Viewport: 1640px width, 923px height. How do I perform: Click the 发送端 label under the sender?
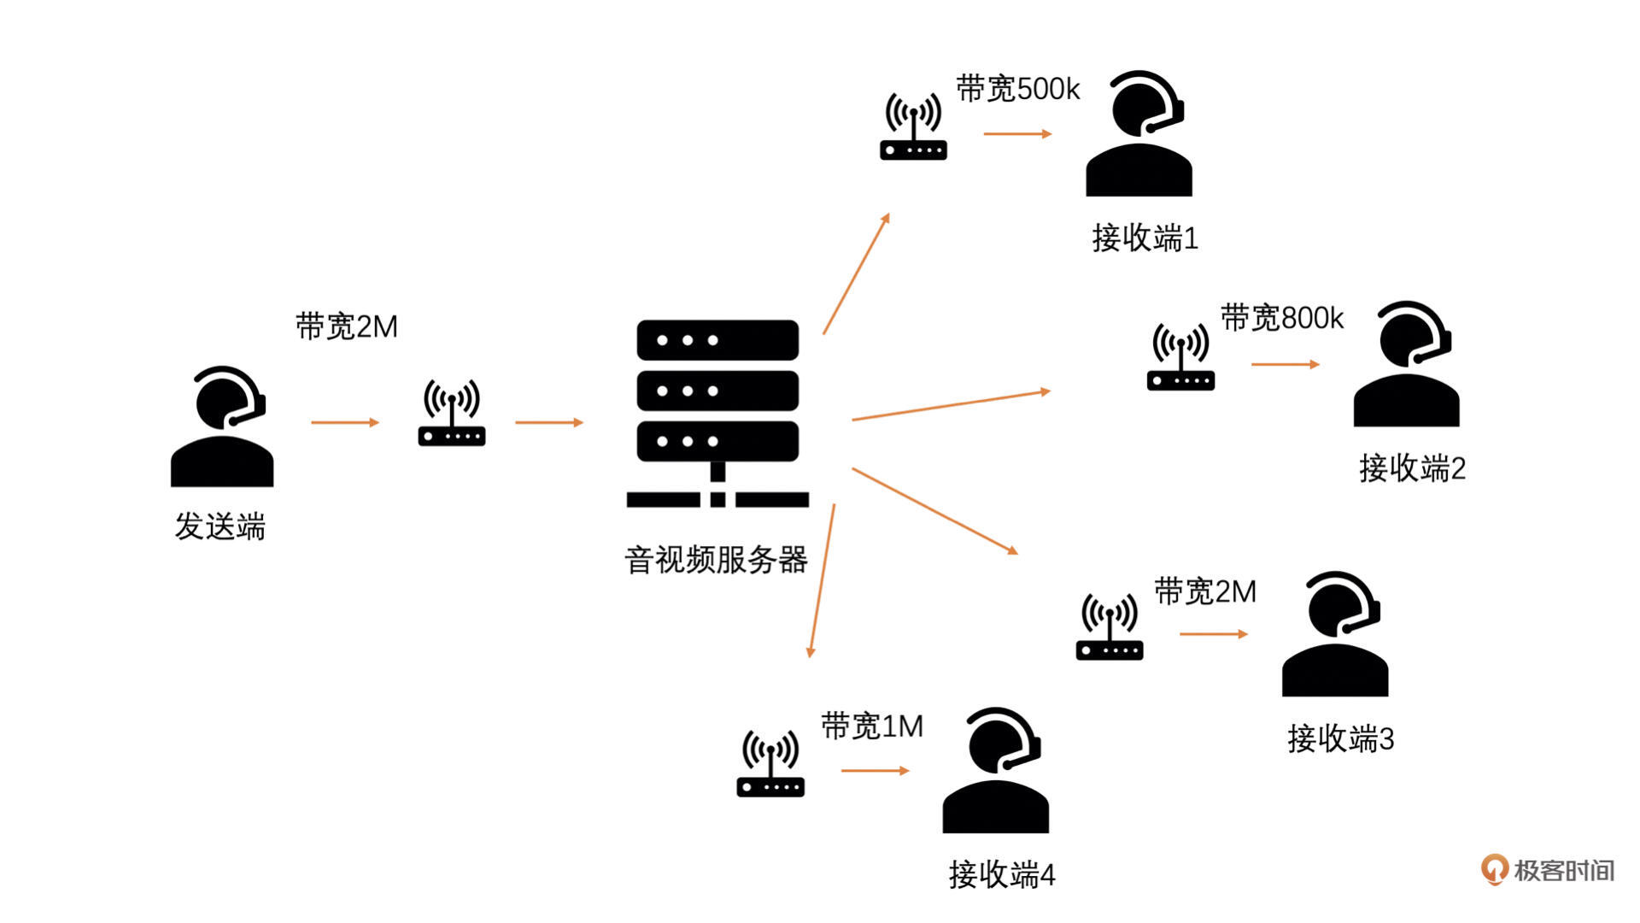coord(220,526)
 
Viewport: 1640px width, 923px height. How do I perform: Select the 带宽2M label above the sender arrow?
coord(347,326)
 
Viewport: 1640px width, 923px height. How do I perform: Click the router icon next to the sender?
coord(452,414)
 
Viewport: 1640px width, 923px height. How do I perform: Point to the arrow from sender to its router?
coord(344,422)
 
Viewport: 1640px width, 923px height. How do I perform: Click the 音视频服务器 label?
coord(716,561)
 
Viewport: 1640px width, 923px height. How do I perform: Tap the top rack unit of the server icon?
coord(717,340)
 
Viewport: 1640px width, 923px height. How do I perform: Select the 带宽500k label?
coord(1017,89)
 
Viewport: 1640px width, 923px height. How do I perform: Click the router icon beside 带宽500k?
coord(913,127)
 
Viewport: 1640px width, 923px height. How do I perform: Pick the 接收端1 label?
coord(1145,238)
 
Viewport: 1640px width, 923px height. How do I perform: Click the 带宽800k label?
coord(1281,318)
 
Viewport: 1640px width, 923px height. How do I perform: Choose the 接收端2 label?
coord(1412,468)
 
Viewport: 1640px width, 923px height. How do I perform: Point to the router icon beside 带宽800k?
coord(1180,358)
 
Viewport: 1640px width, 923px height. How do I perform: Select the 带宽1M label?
coord(872,726)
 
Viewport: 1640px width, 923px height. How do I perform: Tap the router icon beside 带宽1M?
coord(770,764)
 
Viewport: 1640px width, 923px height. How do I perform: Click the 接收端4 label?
coord(1002,874)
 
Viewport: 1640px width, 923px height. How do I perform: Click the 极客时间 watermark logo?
coord(1547,870)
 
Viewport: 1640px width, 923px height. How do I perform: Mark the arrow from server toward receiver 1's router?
coord(856,273)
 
